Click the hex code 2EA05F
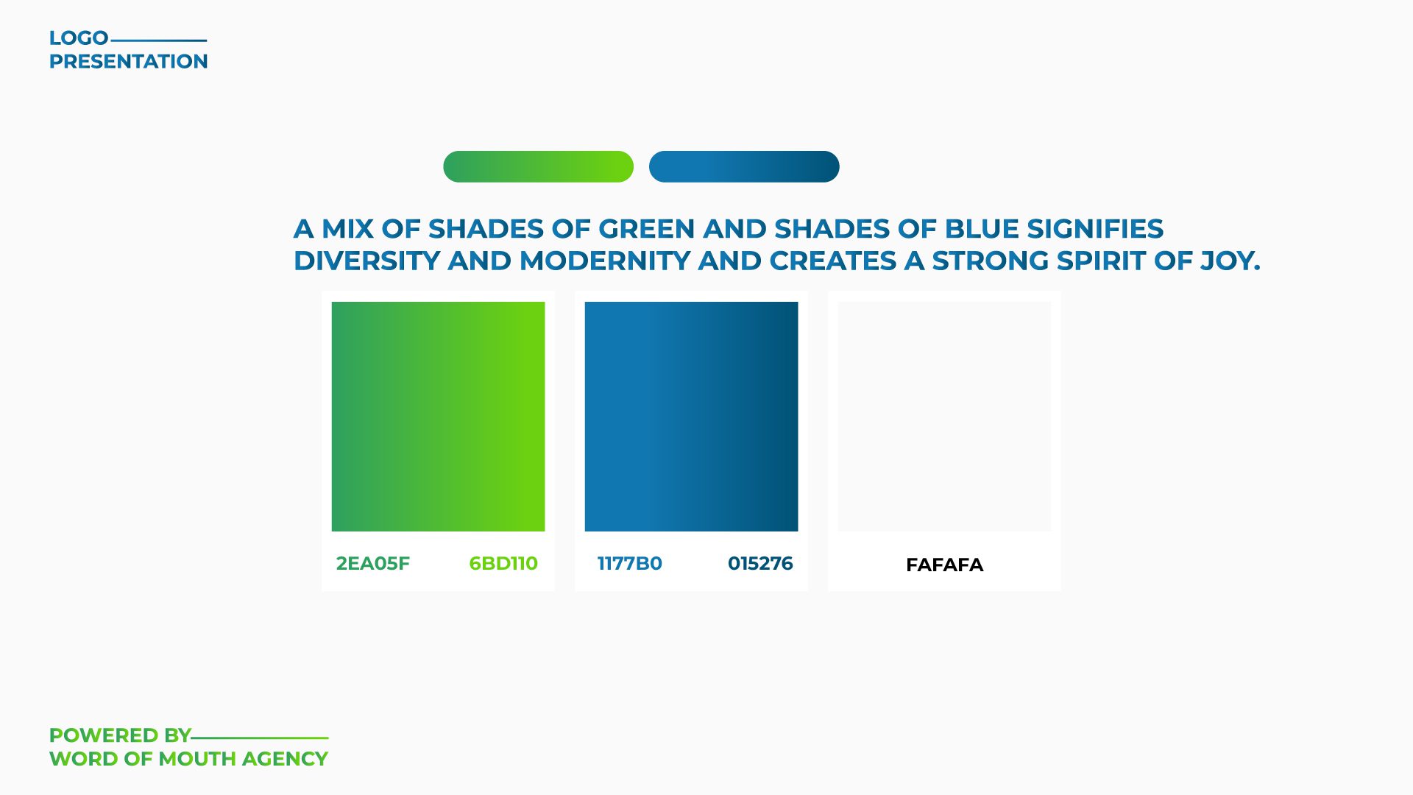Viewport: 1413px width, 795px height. [372, 564]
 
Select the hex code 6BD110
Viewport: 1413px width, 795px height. [503, 564]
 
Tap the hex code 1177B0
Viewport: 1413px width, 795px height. [629, 564]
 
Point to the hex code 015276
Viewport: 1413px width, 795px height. [760, 564]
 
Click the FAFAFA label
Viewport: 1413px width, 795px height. [944, 565]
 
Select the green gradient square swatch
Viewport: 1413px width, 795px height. [438, 417]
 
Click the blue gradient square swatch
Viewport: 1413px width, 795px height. [691, 417]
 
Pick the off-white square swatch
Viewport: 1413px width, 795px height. [944, 417]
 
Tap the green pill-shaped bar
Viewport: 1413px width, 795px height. [538, 166]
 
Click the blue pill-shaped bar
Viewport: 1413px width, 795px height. [744, 166]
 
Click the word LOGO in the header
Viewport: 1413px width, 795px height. [79, 38]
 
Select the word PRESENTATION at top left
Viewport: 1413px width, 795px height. [129, 62]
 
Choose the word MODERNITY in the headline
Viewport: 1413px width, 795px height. [605, 261]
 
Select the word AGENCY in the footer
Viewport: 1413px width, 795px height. [285, 759]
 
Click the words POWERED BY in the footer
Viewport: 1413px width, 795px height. [120, 735]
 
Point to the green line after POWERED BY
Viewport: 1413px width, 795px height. [260, 738]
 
